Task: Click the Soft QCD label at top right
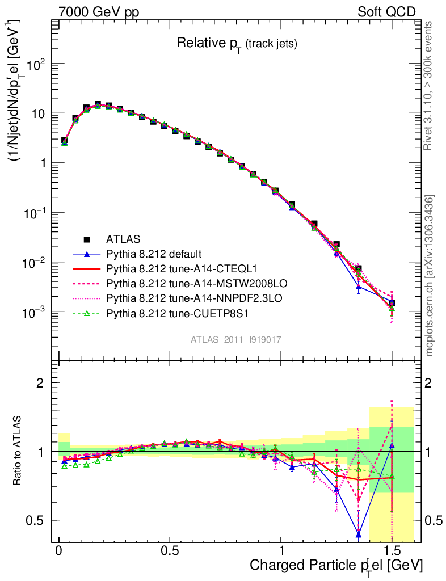[386, 12]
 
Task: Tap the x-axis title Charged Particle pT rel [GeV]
[336, 566]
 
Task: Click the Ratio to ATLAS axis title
[19, 451]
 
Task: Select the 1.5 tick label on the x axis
[392, 551]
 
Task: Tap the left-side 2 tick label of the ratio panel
[40, 382]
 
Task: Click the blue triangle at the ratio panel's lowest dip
[359, 534]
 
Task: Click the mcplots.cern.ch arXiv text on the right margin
[430, 276]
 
